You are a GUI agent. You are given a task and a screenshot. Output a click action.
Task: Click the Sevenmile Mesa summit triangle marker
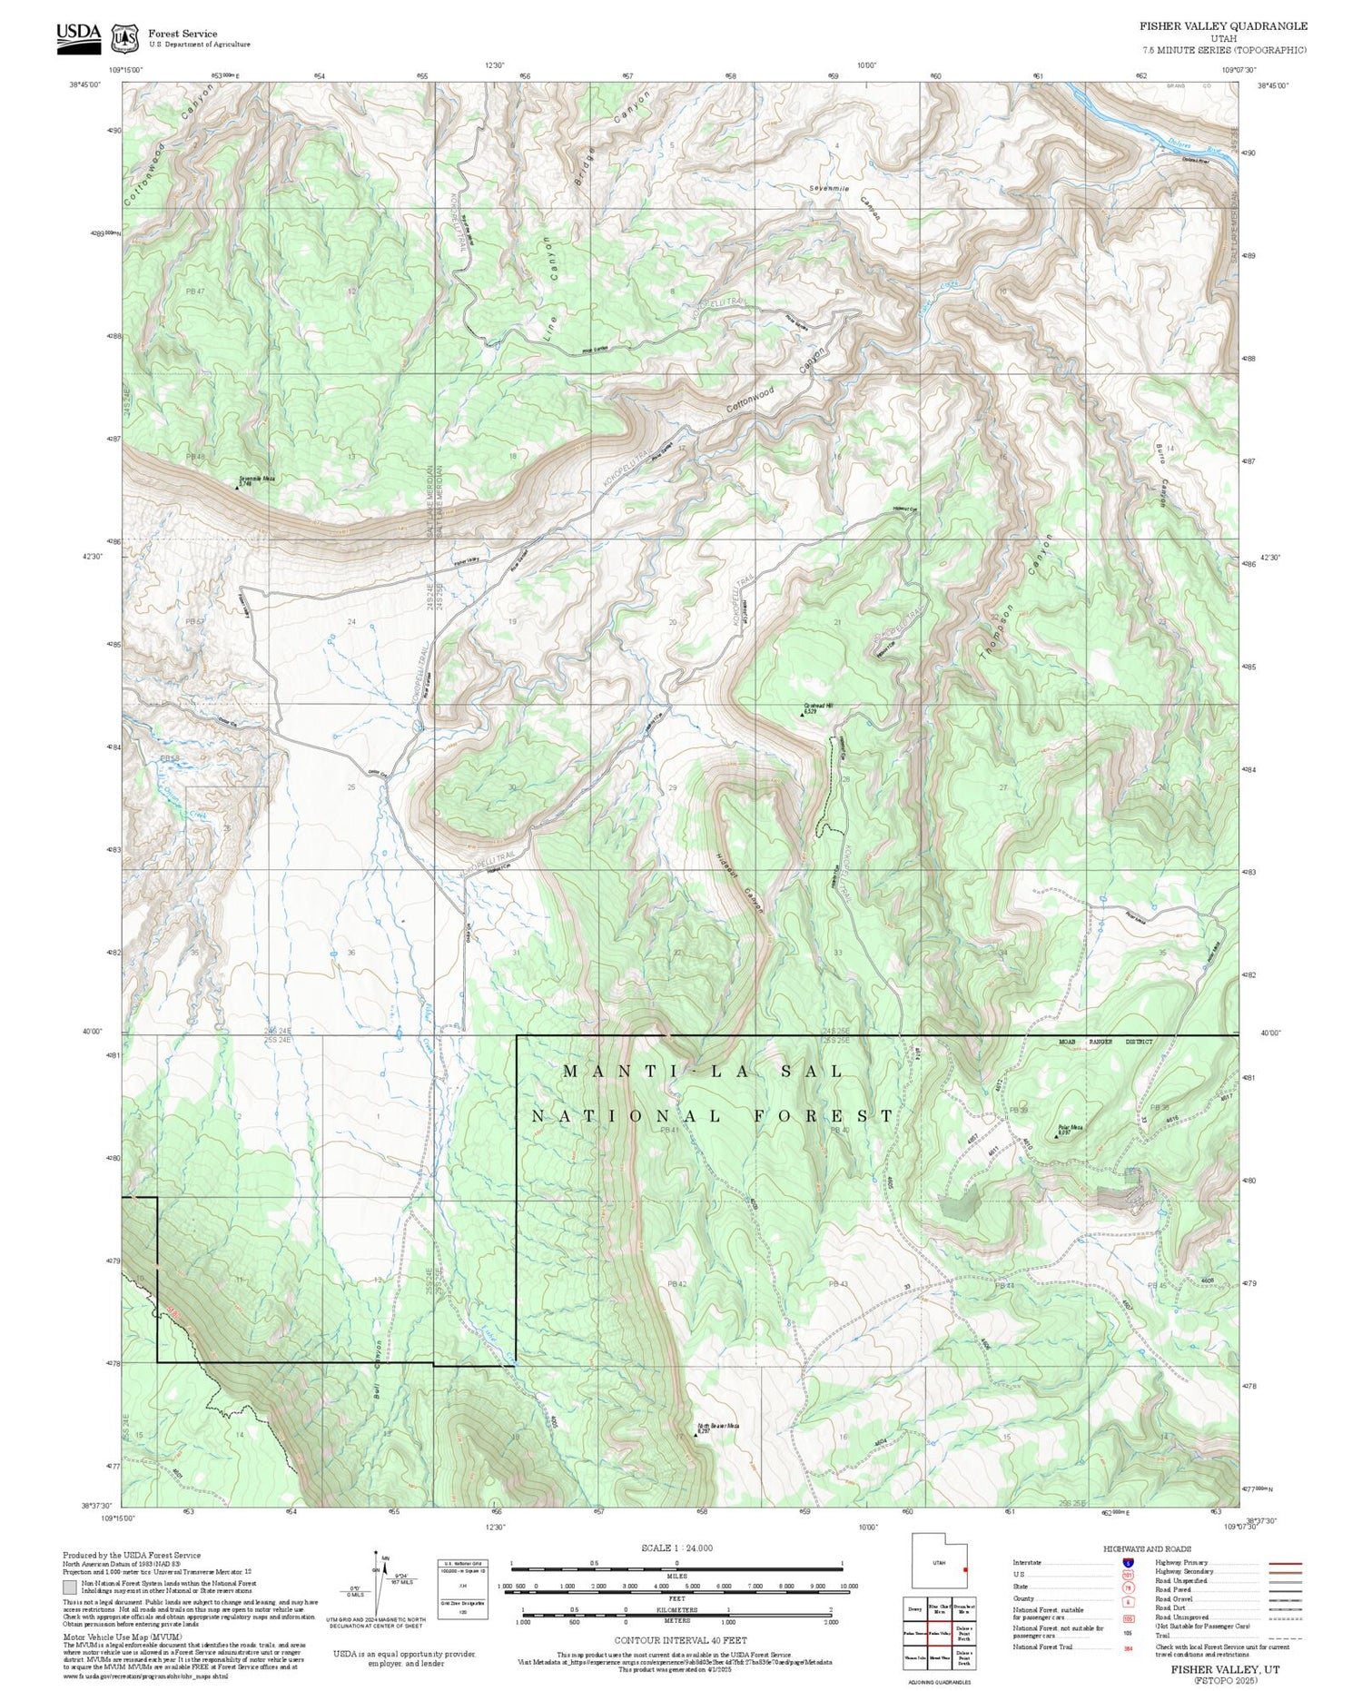[x=238, y=487]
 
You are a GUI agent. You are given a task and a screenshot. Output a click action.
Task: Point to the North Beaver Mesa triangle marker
[x=696, y=1436]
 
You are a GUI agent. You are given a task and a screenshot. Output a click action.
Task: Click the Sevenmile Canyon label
[x=845, y=201]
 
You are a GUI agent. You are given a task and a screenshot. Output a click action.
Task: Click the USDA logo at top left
[x=79, y=37]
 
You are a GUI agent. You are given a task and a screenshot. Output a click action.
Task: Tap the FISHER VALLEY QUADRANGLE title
[x=1223, y=26]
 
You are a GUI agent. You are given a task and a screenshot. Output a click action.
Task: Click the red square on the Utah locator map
[x=966, y=1568]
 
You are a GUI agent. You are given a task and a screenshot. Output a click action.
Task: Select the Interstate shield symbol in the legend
[x=1128, y=1562]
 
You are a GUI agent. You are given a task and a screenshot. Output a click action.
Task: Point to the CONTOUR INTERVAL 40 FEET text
[x=680, y=1640]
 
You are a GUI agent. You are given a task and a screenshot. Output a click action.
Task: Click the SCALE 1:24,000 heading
[x=676, y=1548]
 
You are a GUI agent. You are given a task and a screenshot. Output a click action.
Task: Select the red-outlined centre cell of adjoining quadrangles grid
[x=939, y=1632]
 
